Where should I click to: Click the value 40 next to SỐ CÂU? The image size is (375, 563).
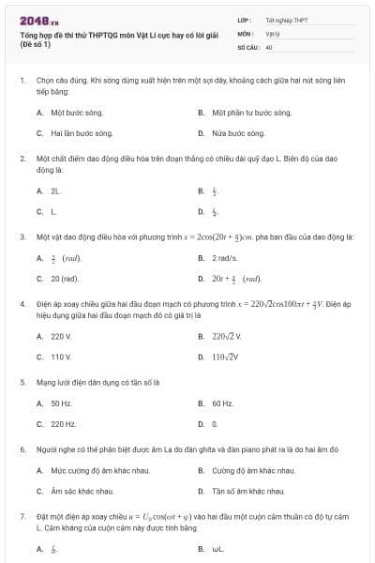[269, 46]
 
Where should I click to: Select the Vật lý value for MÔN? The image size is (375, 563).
[271, 33]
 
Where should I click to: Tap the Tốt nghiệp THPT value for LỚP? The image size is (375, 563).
[286, 20]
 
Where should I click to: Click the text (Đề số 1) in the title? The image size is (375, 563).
[36, 45]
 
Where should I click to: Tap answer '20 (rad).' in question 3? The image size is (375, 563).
[65, 279]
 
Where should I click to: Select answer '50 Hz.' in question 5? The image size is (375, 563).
[61, 403]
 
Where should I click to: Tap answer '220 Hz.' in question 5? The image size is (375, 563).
[63, 424]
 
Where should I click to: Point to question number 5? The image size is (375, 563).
[22, 383]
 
